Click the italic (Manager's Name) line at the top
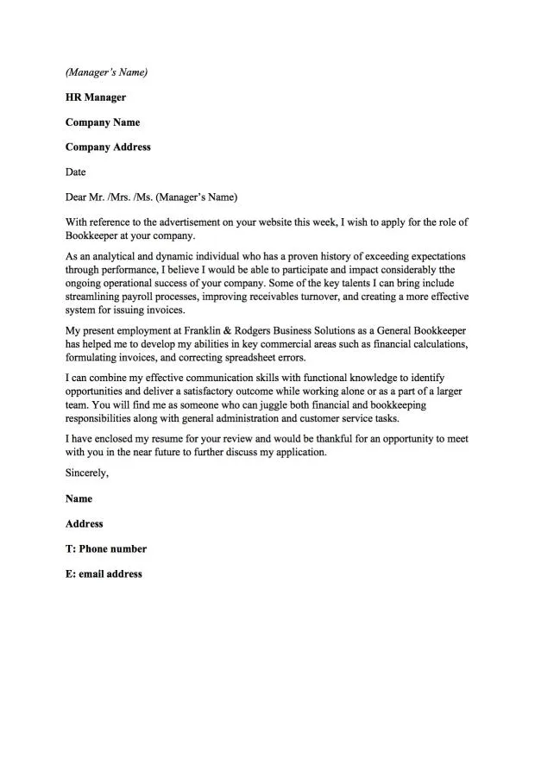point(106,72)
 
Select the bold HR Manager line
point(95,97)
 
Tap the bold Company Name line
point(102,122)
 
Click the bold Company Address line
point(108,147)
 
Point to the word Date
point(76,172)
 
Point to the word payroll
point(137,297)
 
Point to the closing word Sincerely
point(87,473)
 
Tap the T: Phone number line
point(106,549)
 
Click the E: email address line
point(104,574)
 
